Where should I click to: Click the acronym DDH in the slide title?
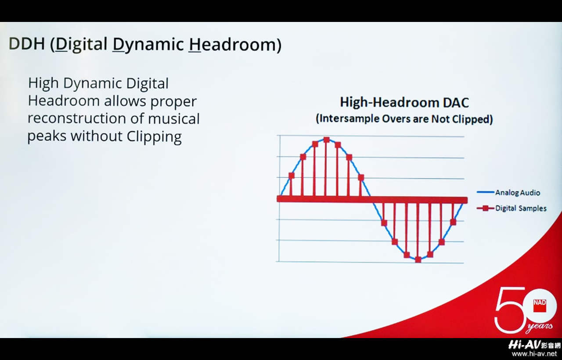(x=27, y=43)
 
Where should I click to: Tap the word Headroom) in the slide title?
(x=235, y=45)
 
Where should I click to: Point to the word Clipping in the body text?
(x=154, y=137)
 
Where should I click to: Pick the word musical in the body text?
(x=173, y=118)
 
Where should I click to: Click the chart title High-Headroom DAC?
(x=404, y=103)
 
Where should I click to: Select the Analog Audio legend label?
(x=517, y=193)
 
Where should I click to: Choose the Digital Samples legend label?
(x=521, y=208)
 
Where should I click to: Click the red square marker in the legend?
(x=486, y=208)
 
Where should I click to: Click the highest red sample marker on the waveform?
(x=326, y=140)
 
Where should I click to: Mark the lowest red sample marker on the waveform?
(x=418, y=259)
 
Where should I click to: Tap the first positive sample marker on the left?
(x=291, y=176)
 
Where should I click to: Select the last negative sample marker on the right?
(x=453, y=222)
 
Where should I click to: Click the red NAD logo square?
(x=540, y=306)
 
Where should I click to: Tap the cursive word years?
(x=540, y=327)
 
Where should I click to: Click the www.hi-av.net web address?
(x=534, y=354)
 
